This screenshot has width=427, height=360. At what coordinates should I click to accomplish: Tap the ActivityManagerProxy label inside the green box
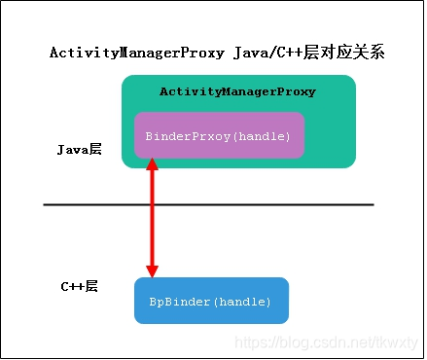coord(237,91)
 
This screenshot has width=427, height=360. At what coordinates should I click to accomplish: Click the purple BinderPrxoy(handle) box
coord(218,135)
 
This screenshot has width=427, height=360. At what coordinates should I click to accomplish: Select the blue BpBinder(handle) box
coord(211,301)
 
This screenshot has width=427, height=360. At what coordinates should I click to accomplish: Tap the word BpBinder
coord(175,302)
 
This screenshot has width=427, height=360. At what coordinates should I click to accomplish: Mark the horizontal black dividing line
coord(208,204)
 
